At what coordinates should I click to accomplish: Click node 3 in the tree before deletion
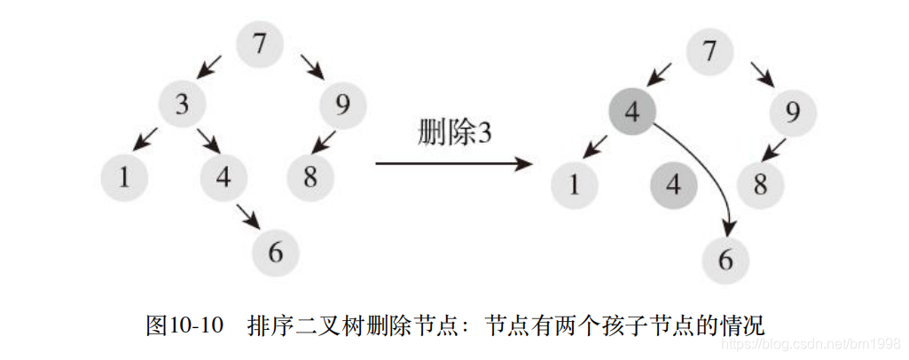(x=183, y=105)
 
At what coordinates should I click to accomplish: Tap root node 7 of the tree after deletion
(x=709, y=51)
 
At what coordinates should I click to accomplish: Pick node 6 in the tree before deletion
(x=275, y=253)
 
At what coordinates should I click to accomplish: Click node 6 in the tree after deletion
(x=725, y=260)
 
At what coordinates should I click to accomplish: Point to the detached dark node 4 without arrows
(x=673, y=185)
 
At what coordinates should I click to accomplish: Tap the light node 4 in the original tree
(x=223, y=177)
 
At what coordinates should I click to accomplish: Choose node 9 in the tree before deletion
(x=343, y=106)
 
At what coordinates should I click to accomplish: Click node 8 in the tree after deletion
(x=761, y=185)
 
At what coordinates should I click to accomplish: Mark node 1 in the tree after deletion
(x=575, y=185)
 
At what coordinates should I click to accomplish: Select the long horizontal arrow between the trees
(x=453, y=164)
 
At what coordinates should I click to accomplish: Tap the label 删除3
(x=454, y=133)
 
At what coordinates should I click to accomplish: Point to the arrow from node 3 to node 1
(x=146, y=138)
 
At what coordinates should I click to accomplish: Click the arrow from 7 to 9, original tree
(x=312, y=66)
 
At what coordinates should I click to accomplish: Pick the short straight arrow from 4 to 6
(x=248, y=215)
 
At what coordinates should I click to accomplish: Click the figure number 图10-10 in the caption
(x=184, y=325)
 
